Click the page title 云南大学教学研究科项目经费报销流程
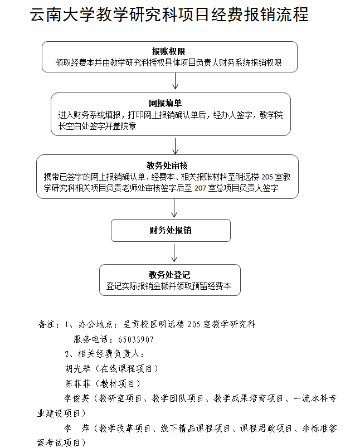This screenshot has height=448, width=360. pos(169,16)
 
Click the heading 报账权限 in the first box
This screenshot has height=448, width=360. pos(169,52)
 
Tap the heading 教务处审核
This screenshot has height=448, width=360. pos(167,165)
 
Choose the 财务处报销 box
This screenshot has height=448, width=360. pos(171,230)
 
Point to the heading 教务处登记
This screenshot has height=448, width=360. pos(169,275)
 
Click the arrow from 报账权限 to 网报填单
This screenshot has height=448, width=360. pos(176,82)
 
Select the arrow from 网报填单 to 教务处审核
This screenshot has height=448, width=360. pos(176,145)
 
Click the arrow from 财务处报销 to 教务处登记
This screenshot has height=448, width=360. pos(175,252)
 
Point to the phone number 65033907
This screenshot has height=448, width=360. pos(136,339)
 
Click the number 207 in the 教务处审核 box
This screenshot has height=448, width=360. pos(200,188)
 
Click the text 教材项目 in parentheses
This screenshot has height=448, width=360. pos(118,383)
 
